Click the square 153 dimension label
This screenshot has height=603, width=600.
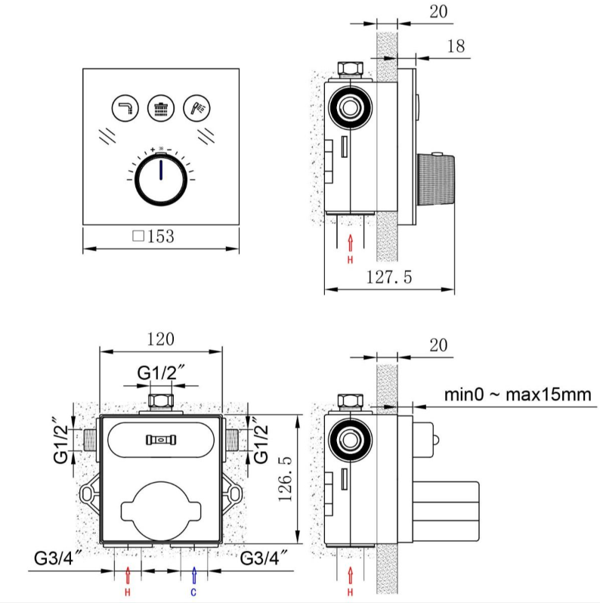[153, 236]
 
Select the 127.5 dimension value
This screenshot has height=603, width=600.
[389, 277]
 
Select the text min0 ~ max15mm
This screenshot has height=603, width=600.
[517, 394]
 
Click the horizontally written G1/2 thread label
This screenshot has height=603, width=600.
[162, 373]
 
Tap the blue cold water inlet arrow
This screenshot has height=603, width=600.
[194, 574]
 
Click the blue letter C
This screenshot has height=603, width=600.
[194, 592]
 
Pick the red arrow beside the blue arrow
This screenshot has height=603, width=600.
[128, 574]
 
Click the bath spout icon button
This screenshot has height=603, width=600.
[125, 108]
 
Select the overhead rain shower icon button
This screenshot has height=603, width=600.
[161, 108]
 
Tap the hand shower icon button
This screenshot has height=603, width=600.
[197, 108]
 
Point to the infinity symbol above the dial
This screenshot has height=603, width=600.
[161, 148]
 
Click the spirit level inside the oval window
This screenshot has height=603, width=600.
[161, 439]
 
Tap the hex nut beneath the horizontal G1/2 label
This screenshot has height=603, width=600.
[161, 400]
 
